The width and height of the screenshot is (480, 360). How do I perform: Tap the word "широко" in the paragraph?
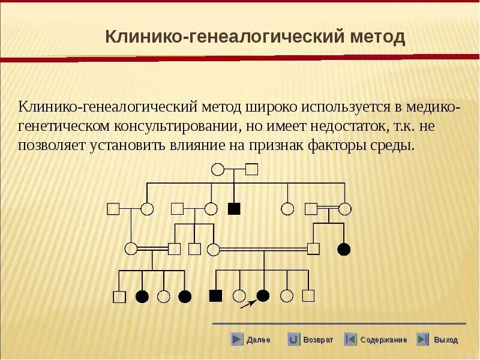(277, 107)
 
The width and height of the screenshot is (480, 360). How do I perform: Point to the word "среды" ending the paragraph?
(394, 146)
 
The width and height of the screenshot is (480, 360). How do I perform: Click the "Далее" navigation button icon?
(238, 340)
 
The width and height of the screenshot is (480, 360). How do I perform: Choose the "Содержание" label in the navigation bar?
(383, 340)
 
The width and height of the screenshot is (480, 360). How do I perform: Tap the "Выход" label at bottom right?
(446, 340)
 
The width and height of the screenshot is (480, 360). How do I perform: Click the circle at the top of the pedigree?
(218, 169)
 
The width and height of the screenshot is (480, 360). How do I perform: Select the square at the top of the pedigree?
(252, 169)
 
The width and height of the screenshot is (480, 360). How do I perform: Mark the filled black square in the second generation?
(234, 209)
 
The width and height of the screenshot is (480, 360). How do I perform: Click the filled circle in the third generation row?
(344, 248)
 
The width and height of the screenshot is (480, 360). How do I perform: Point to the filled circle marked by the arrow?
(263, 295)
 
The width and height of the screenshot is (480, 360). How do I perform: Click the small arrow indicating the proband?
(246, 305)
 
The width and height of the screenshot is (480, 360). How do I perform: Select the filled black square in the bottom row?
(215, 295)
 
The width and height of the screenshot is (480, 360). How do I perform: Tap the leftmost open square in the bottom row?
(119, 296)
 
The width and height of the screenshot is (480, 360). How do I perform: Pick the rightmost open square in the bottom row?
(308, 295)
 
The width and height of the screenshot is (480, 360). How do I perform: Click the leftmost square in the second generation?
(113, 209)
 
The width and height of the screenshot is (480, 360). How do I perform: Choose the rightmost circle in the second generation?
(344, 209)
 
